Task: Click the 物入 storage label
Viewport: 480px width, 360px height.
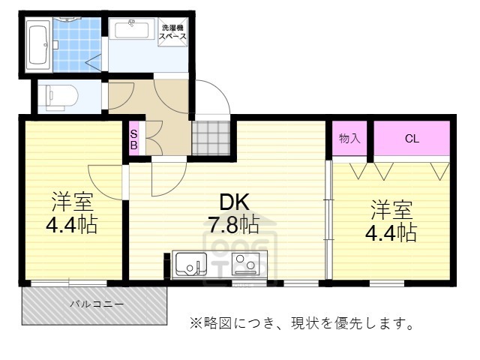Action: [349, 139]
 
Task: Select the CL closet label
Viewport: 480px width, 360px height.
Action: [412, 139]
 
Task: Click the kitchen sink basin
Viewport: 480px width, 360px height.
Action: [191, 265]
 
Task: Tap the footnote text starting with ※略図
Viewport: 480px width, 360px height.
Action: [300, 324]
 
